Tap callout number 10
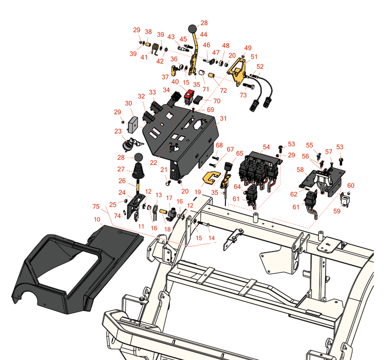(97, 219)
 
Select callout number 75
(96, 206)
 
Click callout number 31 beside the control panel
(223, 118)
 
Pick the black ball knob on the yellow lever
(193, 29)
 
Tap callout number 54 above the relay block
(266, 147)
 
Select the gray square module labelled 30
(133, 124)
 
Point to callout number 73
(243, 95)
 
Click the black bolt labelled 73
(249, 86)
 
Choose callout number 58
(300, 170)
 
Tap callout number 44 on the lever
(204, 34)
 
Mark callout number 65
(239, 154)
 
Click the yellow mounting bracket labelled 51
(237, 71)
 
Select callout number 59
(337, 211)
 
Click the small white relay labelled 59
(344, 199)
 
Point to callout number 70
(217, 101)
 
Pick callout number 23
(118, 131)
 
